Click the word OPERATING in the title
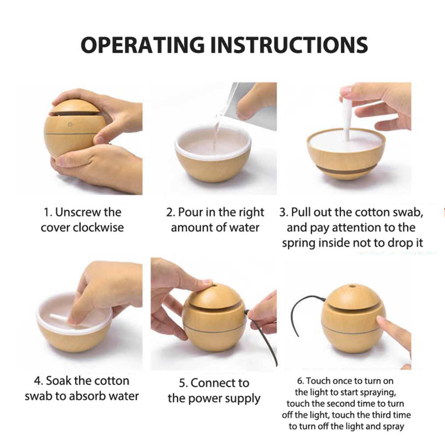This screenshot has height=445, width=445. tap(143, 45)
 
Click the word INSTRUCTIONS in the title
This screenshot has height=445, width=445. tap(289, 45)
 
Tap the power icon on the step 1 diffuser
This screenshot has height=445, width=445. tap(70, 124)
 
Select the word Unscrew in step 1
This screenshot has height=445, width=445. tap(74, 212)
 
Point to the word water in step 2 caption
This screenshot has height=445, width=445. tap(245, 228)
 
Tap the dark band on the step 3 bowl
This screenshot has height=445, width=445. tap(346, 170)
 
